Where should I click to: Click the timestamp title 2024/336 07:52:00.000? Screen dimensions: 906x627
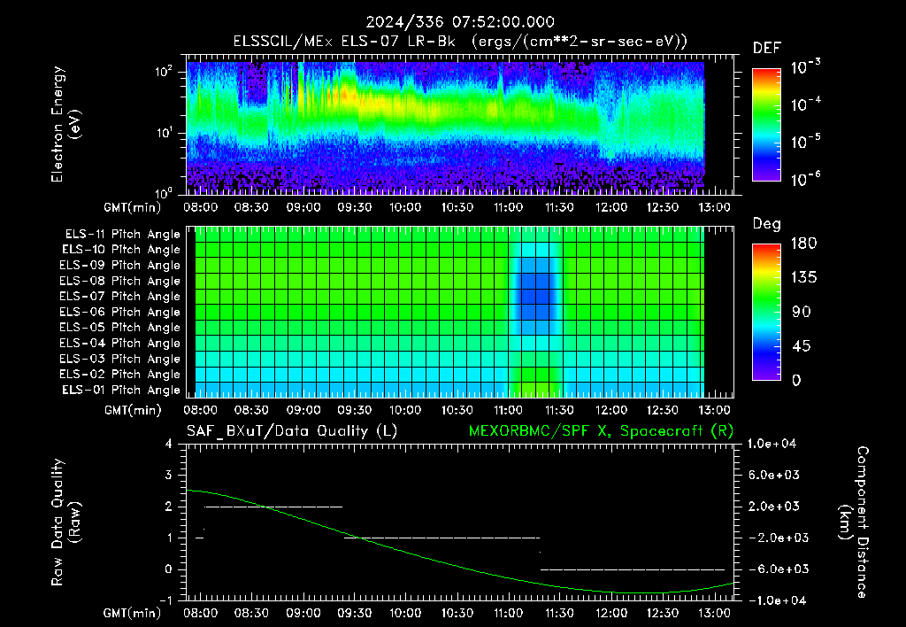[460, 22]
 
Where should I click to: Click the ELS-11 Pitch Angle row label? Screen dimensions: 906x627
[122, 235]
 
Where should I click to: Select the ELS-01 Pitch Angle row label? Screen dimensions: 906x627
[120, 390]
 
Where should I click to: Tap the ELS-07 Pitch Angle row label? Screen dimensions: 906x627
[119, 296]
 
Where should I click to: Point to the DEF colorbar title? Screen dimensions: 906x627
[767, 48]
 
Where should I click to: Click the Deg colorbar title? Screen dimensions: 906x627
[767, 224]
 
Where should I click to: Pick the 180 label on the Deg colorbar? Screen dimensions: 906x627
[803, 243]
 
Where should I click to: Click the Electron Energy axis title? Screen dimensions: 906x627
[65, 124]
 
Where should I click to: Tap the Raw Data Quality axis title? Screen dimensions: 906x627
[65, 522]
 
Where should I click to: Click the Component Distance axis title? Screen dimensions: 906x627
[854, 522]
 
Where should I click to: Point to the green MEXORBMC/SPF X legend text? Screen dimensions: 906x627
[601, 431]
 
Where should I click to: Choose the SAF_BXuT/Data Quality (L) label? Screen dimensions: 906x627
[292, 431]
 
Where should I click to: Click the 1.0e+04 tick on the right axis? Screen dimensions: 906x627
[772, 444]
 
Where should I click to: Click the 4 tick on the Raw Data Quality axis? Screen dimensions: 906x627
[169, 444]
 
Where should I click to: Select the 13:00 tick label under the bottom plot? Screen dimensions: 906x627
[715, 613]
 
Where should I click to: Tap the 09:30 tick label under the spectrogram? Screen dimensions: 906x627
[354, 207]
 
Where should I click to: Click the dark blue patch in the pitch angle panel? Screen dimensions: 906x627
[535, 295]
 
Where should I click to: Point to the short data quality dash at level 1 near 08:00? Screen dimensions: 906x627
[199, 538]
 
